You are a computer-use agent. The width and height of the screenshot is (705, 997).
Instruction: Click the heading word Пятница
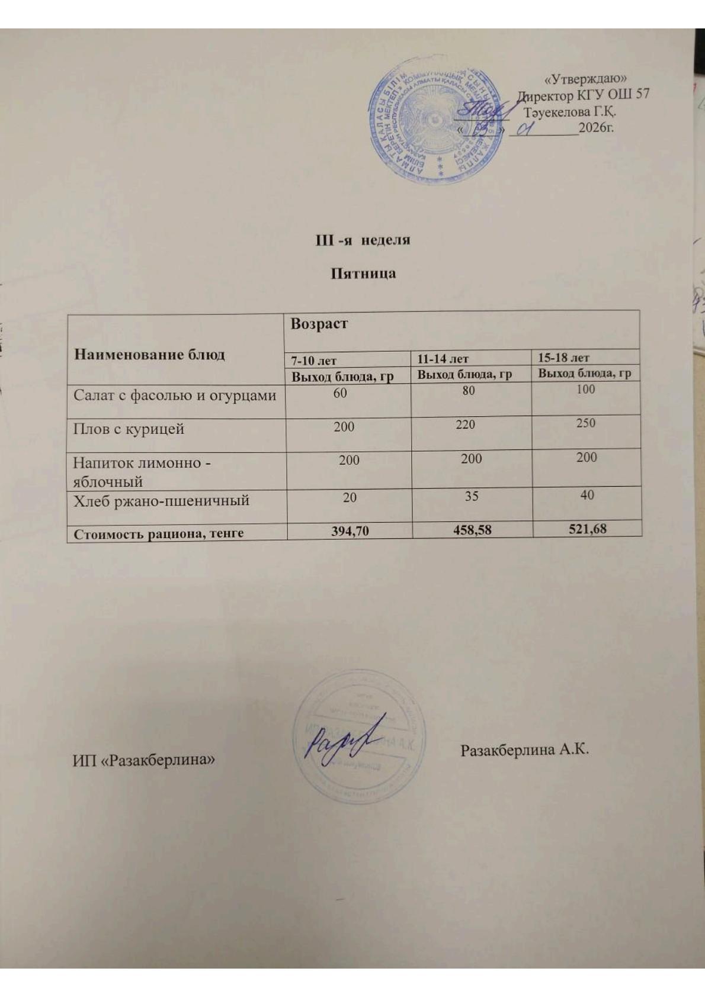[x=363, y=274]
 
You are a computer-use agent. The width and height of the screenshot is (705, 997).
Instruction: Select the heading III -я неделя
[x=362, y=240]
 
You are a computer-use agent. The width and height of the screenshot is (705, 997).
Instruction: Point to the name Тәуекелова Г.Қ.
[x=570, y=111]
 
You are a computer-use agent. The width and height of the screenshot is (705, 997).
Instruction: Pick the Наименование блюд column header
[x=149, y=355]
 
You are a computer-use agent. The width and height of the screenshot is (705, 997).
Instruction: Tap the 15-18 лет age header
[x=563, y=358]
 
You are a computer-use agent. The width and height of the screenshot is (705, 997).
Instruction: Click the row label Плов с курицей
[x=129, y=429]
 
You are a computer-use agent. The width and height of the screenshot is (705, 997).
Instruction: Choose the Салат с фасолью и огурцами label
[x=175, y=395]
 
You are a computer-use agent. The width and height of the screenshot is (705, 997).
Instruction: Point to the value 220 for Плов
[x=466, y=424]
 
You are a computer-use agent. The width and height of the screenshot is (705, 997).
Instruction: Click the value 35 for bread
[x=471, y=496]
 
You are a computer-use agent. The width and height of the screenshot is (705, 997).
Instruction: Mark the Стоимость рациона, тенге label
[x=158, y=533]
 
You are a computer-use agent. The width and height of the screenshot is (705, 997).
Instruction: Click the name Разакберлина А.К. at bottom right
[x=524, y=750]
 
